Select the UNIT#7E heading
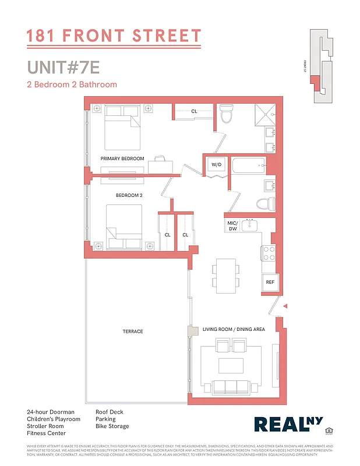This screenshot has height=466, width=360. click(63, 67)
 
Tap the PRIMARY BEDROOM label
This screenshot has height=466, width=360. click(122, 158)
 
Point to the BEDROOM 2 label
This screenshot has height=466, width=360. click(129, 195)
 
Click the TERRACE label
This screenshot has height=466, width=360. click(133, 331)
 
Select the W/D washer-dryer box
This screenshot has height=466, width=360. click(216, 165)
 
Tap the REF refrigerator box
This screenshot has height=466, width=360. click(270, 282)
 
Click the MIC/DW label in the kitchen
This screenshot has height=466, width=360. click(231, 226)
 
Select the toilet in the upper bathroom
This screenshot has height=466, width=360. click(227, 115)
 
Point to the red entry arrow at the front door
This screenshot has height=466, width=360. click(285, 305)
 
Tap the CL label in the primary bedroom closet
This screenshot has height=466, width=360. click(194, 111)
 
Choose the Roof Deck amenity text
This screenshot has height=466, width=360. click(110, 412)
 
